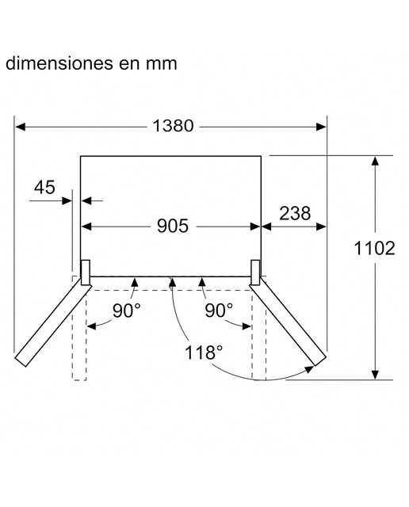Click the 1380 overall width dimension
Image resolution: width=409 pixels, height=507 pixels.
[173, 126]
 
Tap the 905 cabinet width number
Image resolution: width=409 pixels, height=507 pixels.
[173, 226]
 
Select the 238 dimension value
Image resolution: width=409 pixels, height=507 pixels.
[295, 213]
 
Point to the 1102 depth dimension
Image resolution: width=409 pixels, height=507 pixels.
[374, 248]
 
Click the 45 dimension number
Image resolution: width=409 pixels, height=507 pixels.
[44, 187]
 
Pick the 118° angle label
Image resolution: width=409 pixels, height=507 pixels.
[204, 353]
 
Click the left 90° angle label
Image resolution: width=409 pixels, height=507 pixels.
[127, 311]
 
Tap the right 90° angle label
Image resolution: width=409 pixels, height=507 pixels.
[219, 311]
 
